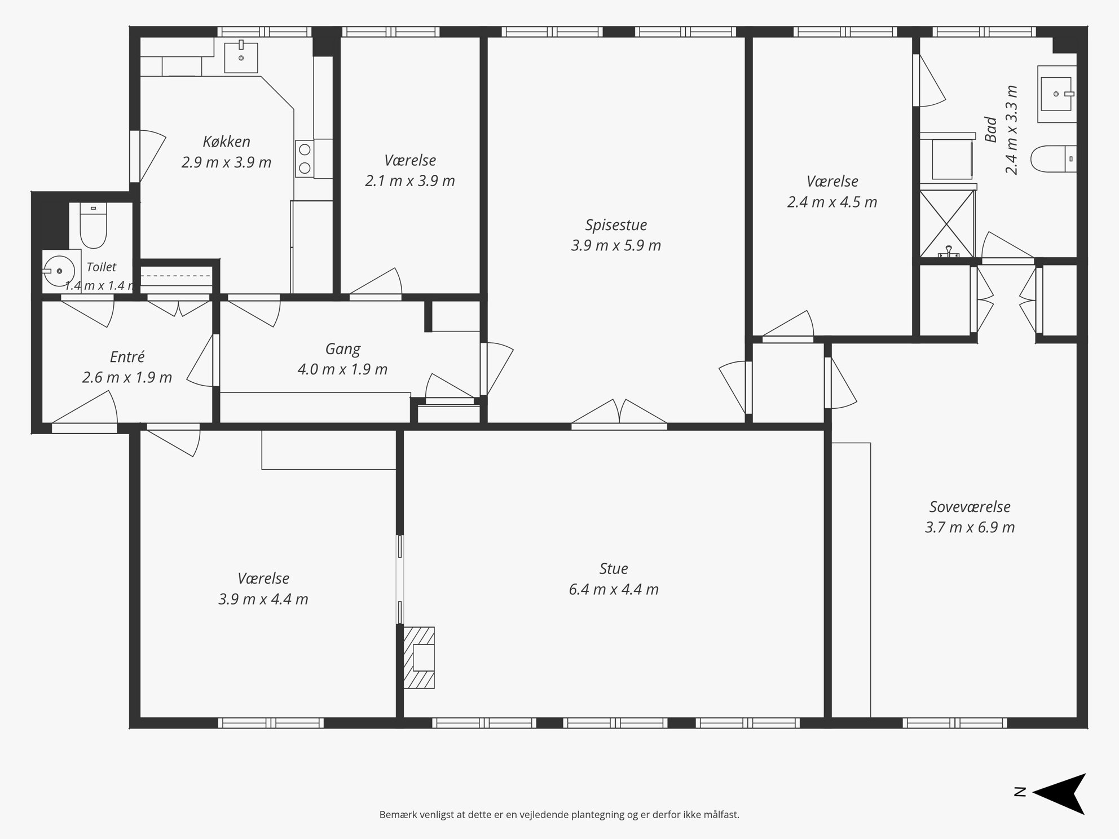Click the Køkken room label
click(226, 142)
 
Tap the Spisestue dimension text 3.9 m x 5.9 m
click(616, 245)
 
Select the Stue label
click(614, 568)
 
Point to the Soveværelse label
click(970, 506)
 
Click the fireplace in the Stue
click(419, 657)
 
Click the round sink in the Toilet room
click(59, 271)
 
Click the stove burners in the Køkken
click(305, 158)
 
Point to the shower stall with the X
click(947, 224)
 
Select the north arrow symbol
click(1059, 793)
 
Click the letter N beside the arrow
click(1020, 792)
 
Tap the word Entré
click(127, 356)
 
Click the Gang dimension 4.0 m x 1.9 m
click(342, 369)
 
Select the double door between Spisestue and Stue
click(619, 412)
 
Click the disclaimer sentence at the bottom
click(559, 814)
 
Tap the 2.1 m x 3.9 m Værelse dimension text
click(410, 181)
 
